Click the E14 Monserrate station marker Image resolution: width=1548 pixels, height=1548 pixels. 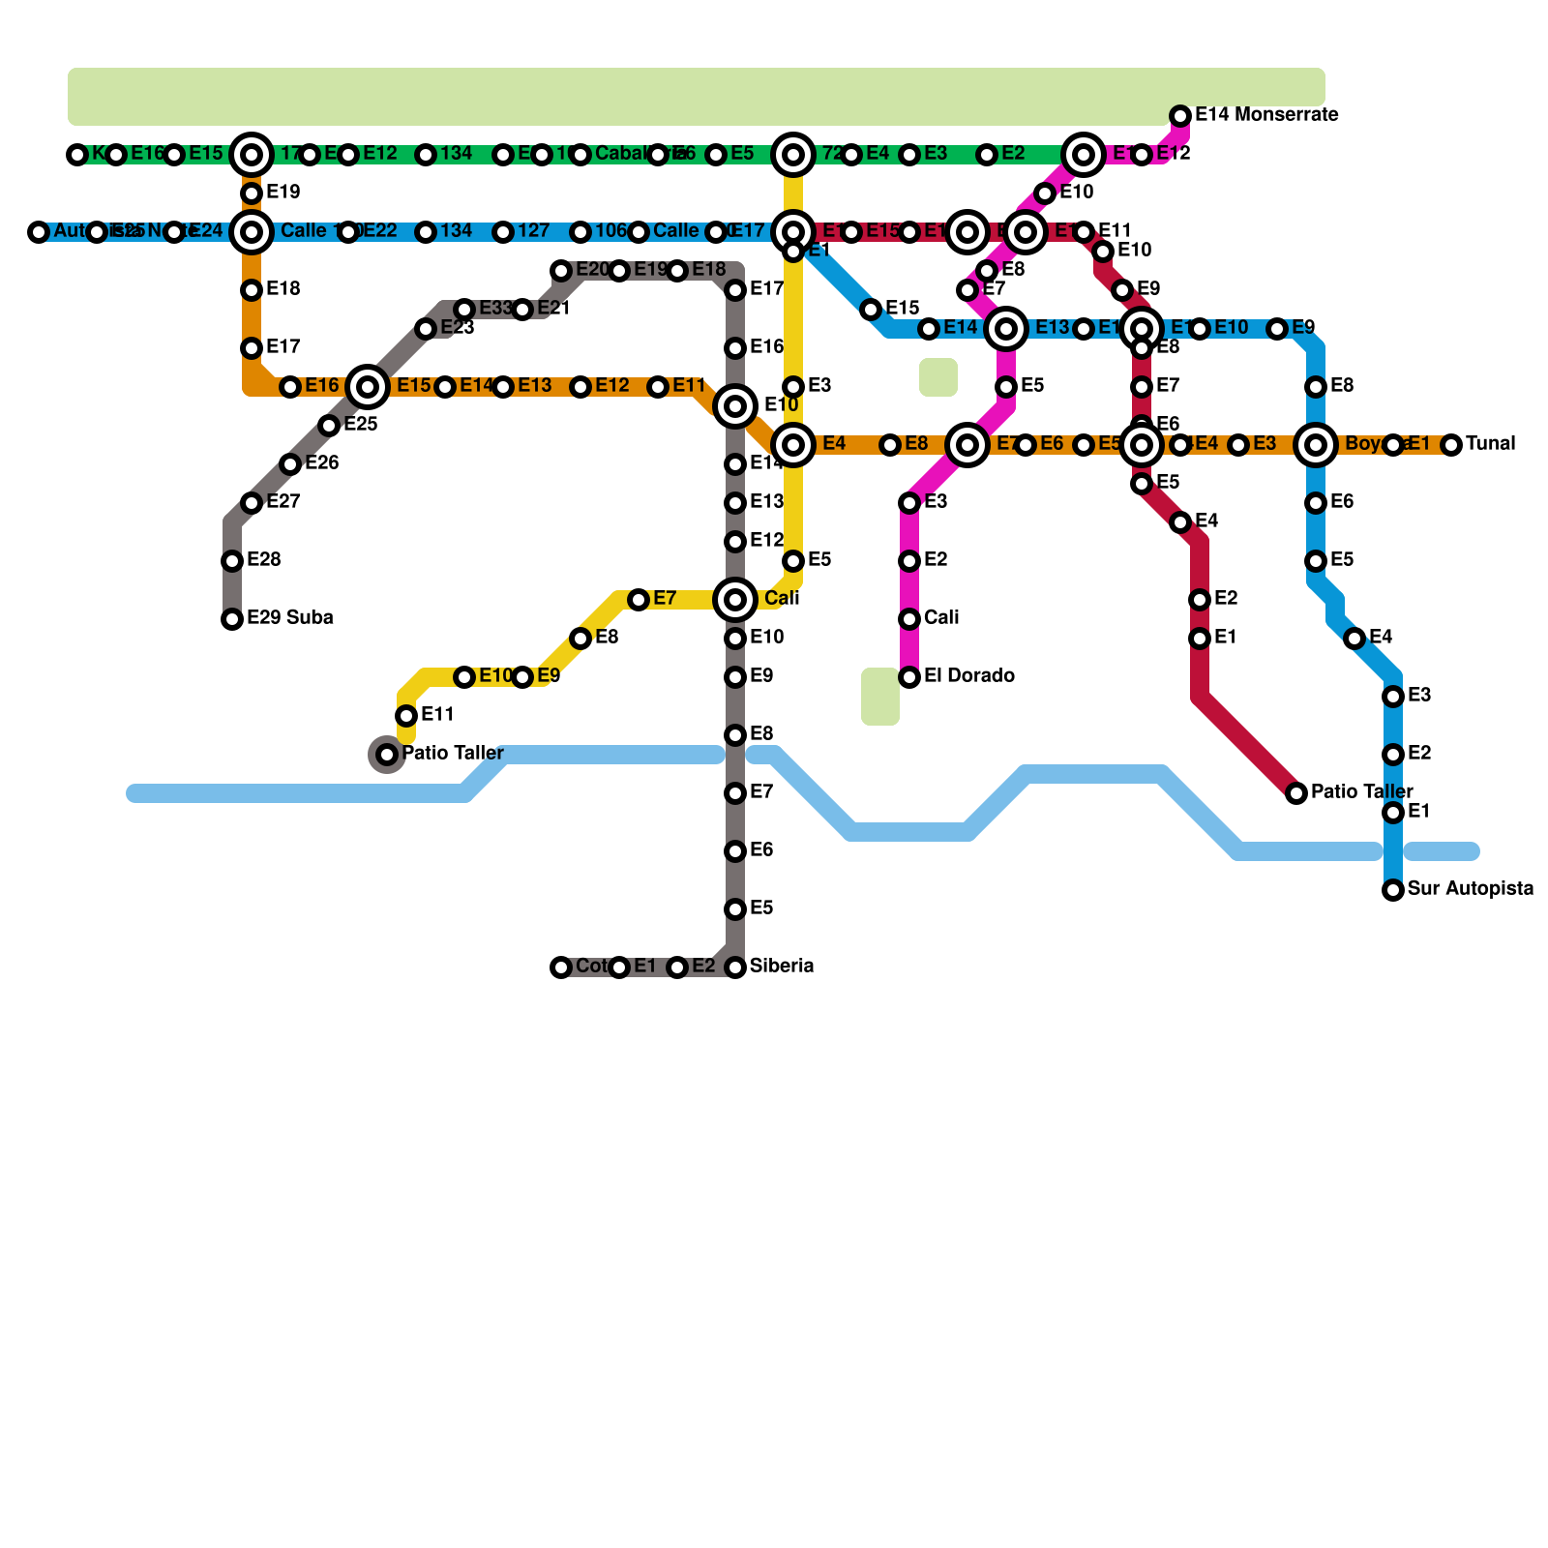(1180, 116)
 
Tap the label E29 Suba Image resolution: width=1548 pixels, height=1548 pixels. (289, 618)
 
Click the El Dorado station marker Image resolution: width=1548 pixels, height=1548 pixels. (909, 677)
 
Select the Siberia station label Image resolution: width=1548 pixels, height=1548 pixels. (781, 967)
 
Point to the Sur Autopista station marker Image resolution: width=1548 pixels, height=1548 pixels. (1393, 890)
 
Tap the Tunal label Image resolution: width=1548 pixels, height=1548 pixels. (1490, 444)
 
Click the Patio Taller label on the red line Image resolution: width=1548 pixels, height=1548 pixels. (1361, 792)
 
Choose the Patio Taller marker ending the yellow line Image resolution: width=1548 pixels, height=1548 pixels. (387, 755)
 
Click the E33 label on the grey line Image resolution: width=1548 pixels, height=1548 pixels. (495, 309)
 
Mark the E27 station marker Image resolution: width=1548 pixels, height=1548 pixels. (252, 503)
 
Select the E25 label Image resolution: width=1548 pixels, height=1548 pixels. (360, 425)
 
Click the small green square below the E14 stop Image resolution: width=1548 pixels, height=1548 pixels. (938, 377)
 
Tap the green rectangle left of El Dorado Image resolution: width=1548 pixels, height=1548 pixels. (879, 696)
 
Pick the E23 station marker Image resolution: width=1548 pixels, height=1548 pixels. (426, 329)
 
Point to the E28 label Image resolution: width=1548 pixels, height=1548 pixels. (263, 560)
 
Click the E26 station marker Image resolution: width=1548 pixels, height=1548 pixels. (290, 464)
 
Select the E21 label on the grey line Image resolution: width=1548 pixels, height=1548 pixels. (553, 309)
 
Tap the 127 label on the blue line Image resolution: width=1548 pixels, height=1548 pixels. (533, 231)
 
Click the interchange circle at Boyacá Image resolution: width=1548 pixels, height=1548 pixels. (1316, 445)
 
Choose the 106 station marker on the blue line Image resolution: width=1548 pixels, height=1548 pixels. (580, 232)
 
